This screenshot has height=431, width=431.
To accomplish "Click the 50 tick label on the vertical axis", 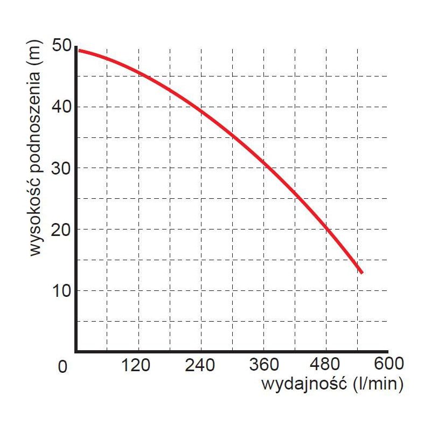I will coord(63,45).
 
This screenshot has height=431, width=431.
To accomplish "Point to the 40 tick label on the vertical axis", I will coord(63,107).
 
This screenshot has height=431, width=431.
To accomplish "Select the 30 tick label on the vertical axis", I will coord(63,168).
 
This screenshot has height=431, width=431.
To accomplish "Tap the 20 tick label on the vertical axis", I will coord(63,230).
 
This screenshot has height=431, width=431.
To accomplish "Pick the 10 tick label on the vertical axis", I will coord(63,291).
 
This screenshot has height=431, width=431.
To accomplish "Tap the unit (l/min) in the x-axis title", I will coord(377,385).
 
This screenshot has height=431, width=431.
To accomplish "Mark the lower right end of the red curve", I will coord(362,272).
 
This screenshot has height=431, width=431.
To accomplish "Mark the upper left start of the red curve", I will coord(79,50).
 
